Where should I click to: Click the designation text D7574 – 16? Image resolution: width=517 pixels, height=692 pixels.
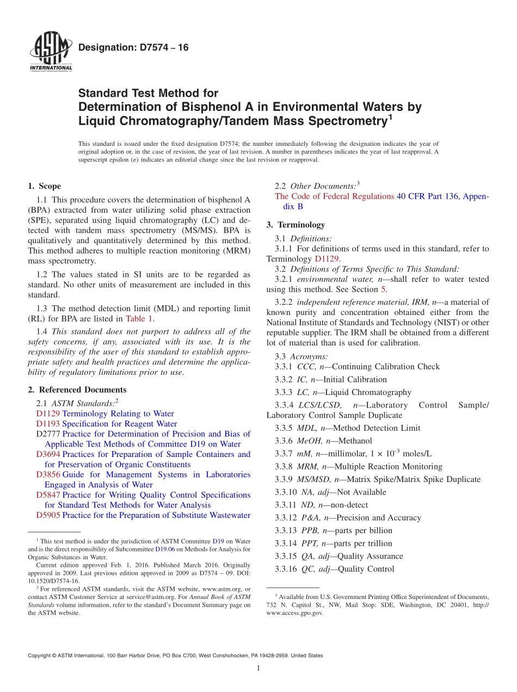click(x=133, y=47)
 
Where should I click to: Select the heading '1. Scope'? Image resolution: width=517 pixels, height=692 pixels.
click(x=45, y=186)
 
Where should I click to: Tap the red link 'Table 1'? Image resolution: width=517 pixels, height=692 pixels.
click(x=140, y=319)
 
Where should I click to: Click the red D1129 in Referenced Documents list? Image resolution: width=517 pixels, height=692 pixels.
click(x=48, y=413)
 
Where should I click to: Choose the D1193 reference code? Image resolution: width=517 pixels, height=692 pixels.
click(x=48, y=424)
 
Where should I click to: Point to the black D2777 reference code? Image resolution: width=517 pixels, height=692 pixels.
click(x=48, y=434)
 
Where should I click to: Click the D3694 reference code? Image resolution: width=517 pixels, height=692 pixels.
click(x=48, y=454)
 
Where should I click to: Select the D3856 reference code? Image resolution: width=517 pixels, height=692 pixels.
click(x=48, y=474)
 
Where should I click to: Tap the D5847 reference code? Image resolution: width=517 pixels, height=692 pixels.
click(x=48, y=495)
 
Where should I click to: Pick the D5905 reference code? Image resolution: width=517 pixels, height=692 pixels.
click(x=48, y=515)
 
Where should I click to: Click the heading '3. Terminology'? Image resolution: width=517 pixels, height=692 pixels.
click(x=296, y=225)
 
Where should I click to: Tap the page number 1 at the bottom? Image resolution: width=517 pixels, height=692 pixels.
click(x=258, y=669)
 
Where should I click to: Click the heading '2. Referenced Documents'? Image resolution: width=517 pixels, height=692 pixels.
click(x=77, y=390)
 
